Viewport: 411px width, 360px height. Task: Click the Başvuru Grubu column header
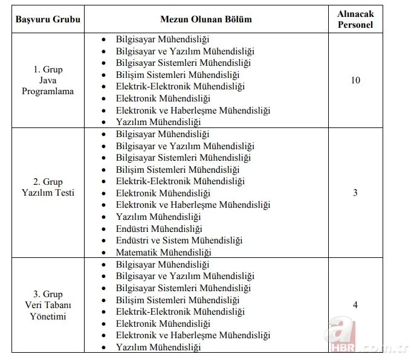44,19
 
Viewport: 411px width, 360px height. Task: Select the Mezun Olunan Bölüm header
205,19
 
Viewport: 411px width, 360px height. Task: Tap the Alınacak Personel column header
355,19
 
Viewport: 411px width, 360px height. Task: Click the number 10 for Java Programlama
355,80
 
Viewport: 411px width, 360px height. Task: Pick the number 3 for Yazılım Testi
355,193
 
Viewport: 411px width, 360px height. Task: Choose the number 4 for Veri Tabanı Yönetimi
355,305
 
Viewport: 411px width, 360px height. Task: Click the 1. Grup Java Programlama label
48,80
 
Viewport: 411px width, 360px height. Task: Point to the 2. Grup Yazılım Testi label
48,187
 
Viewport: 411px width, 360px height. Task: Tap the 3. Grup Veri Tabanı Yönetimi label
48,305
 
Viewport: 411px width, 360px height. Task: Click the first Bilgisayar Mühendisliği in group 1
162,39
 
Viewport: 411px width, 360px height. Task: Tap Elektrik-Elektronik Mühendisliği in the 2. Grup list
180,181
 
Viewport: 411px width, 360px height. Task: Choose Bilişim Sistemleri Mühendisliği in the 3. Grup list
178,300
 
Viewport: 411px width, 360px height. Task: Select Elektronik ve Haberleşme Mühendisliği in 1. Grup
193,110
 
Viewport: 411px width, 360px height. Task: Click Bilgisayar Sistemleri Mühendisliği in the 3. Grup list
184,288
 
